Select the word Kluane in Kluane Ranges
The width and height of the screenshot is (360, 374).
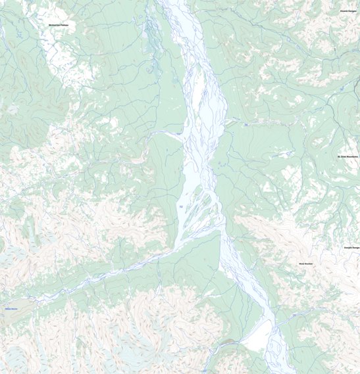coord(344,11)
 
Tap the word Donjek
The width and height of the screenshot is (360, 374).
coord(347,247)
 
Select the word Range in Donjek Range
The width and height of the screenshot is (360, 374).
coord(356,247)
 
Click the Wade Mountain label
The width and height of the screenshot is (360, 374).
coord(305,264)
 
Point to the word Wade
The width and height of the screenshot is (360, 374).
coord(301,264)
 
